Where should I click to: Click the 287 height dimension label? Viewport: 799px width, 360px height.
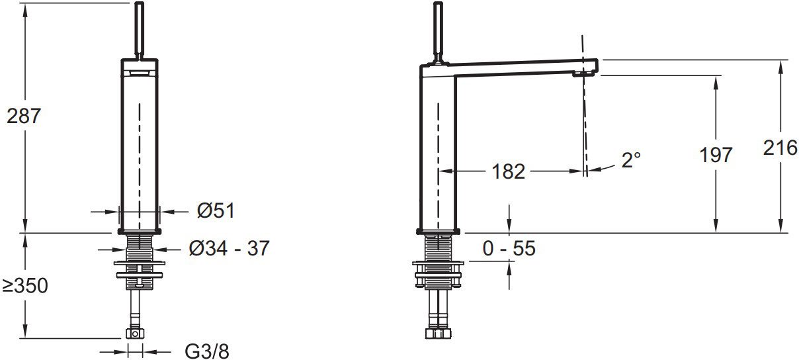point(24,116)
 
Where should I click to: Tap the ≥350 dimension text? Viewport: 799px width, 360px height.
point(25,285)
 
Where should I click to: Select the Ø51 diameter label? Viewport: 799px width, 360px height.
point(216,210)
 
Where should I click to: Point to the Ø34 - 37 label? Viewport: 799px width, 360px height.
point(229,248)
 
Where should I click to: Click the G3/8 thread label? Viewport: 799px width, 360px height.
point(207,351)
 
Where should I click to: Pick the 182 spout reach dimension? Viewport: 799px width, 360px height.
point(508,171)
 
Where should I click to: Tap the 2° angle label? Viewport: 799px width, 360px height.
point(631,160)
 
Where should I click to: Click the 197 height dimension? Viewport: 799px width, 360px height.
point(716,155)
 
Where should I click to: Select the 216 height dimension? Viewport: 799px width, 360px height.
point(780,148)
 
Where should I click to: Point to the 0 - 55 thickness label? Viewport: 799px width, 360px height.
point(509,248)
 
